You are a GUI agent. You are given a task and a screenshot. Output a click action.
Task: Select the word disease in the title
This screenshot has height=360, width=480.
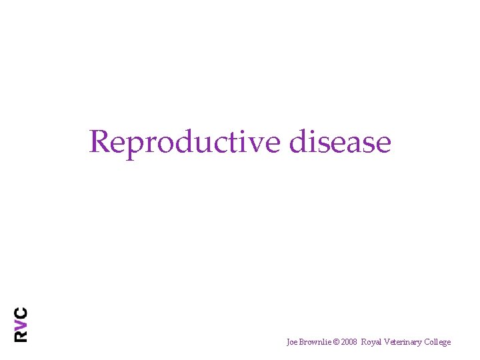[341, 142]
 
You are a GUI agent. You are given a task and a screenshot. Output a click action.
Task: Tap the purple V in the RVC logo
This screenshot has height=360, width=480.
[21, 325]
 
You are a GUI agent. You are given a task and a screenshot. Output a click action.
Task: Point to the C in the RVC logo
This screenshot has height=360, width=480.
[21, 313]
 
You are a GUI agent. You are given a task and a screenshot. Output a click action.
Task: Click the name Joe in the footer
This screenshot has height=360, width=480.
[292, 342]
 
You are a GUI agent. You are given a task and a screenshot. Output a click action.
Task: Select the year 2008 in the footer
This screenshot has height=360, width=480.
[349, 342]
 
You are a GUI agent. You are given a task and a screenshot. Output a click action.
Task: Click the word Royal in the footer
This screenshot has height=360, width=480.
[371, 342]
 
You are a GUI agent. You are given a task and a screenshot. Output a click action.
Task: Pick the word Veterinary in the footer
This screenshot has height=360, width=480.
[403, 342]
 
